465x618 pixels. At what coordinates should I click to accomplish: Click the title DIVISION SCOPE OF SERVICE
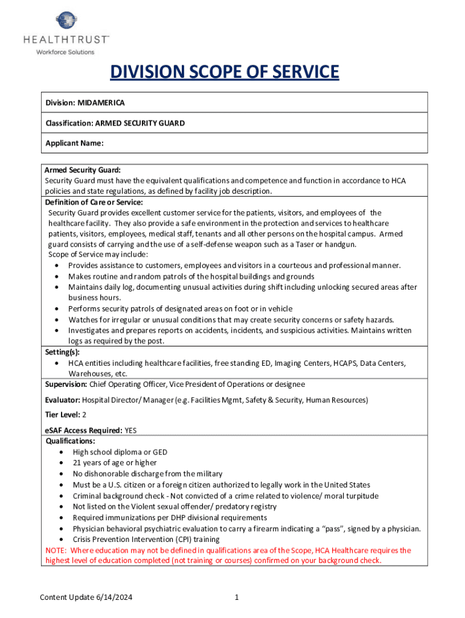[x=224, y=73]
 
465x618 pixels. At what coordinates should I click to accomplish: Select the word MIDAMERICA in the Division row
[x=101, y=103]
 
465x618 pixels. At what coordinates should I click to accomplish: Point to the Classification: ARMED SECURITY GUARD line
[x=115, y=123]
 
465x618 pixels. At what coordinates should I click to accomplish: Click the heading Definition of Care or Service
[x=94, y=202]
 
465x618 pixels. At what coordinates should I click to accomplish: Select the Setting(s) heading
[x=62, y=352]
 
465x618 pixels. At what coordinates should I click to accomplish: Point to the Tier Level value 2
[x=85, y=415]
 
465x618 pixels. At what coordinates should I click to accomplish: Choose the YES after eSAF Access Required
[x=130, y=431]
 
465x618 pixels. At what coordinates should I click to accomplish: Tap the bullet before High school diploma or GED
[x=64, y=452]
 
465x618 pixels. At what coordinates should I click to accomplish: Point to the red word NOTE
[x=56, y=550]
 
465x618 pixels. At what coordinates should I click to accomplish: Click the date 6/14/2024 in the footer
[x=113, y=597]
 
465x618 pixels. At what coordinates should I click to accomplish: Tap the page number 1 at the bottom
[x=237, y=597]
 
